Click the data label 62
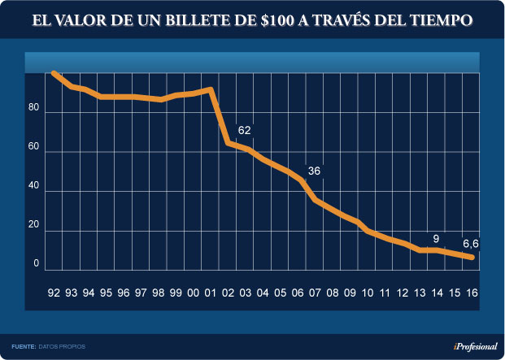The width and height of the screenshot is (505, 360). (245, 130)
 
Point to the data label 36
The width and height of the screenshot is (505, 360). (314, 171)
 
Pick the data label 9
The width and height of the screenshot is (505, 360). (436, 239)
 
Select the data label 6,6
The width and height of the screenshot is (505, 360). (470, 243)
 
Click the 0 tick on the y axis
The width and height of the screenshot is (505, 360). (37, 263)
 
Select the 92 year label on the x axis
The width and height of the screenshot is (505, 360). (54, 293)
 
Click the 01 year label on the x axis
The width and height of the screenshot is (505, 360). (211, 293)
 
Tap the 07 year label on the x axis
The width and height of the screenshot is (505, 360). (315, 293)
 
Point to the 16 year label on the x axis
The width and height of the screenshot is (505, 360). (472, 293)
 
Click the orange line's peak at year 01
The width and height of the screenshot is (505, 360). (211, 89)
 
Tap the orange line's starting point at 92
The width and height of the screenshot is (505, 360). (54, 73)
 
